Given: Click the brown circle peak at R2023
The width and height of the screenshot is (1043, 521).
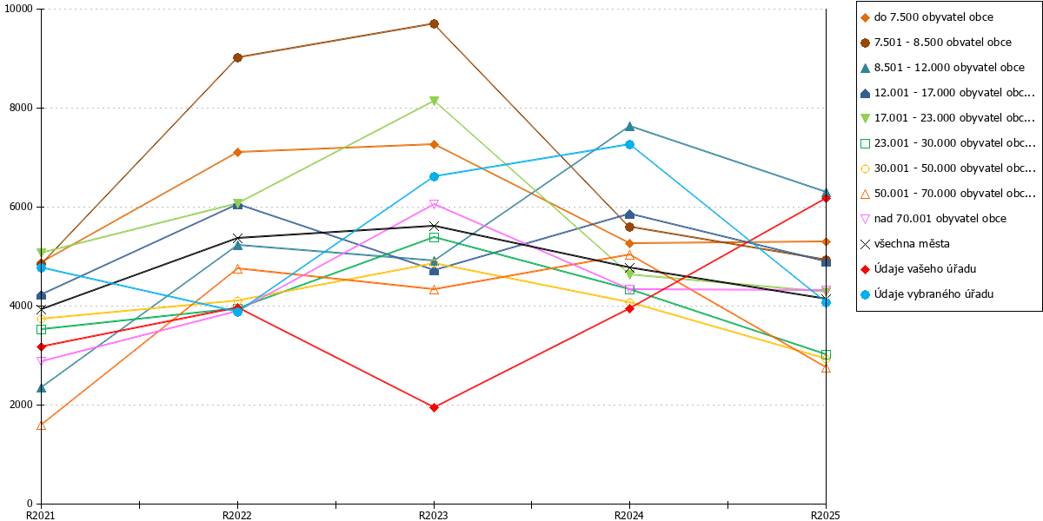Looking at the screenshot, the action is click(434, 23).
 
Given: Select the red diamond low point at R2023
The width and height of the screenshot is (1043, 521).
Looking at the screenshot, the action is click(434, 407).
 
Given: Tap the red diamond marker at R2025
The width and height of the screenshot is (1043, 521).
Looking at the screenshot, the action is click(826, 198).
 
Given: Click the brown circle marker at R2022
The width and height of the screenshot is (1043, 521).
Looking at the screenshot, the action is click(237, 57).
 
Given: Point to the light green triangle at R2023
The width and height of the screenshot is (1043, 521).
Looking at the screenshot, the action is click(434, 101).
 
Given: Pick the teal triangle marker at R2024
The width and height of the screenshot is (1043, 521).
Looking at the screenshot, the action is click(629, 126).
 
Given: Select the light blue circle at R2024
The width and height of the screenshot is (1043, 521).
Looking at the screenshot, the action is click(629, 145).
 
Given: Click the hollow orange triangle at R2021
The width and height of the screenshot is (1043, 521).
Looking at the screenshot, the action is click(41, 425).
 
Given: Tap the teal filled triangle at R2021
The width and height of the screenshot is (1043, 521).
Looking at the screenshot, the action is click(41, 388).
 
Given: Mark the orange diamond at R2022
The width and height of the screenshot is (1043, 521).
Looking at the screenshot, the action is click(237, 152).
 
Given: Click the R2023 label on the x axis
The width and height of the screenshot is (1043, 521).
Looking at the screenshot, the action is click(434, 515).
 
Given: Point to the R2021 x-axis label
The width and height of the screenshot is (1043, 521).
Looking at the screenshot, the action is click(41, 515).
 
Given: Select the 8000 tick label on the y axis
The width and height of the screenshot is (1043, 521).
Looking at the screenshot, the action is click(21, 108).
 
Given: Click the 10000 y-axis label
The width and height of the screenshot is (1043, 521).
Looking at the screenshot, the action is click(18, 9).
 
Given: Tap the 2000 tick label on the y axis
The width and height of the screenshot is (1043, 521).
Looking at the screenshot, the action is click(21, 405).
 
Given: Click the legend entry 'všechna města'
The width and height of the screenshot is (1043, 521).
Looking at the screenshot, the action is click(905, 244).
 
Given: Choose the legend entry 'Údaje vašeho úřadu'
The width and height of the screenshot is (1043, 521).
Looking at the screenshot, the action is click(918, 269).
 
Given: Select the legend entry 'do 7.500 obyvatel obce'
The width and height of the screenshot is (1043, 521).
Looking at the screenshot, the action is click(927, 17).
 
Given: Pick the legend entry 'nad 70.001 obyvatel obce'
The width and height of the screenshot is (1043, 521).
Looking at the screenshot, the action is click(933, 219).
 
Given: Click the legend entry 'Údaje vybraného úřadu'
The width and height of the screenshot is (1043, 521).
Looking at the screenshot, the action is click(927, 294).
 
